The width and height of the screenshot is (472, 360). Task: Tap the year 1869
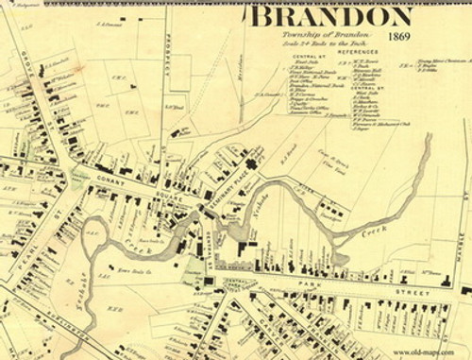(399, 36)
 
